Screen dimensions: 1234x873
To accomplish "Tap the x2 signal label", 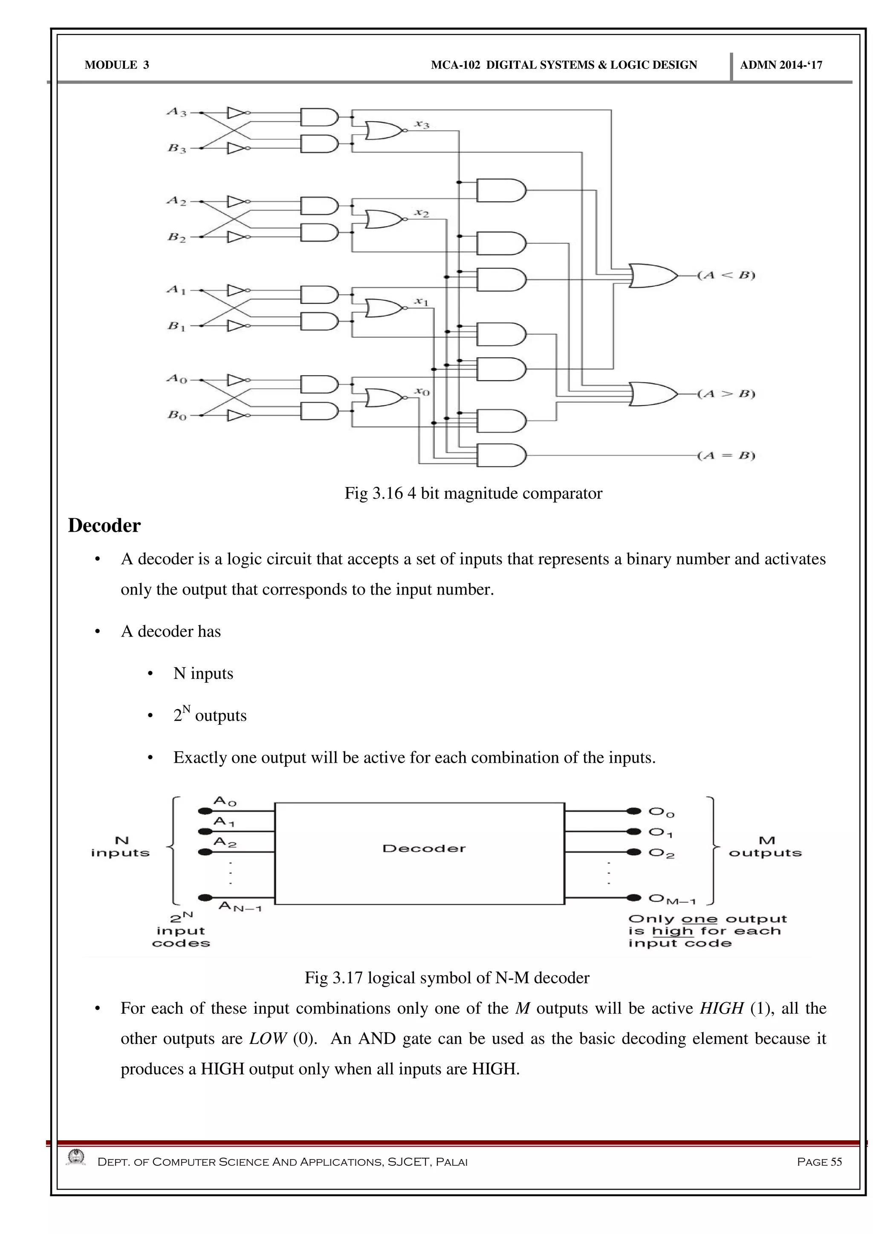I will click(x=422, y=213).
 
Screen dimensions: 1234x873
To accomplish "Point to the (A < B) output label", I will click(x=726, y=276).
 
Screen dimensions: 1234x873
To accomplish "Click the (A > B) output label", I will click(x=726, y=394).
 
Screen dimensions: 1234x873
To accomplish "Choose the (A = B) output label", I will click(x=726, y=456).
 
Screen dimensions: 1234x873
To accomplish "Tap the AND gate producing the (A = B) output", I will click(x=500, y=455).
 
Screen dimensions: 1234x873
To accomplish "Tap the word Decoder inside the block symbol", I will click(x=424, y=849).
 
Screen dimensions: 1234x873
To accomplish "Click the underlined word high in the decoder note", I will click(x=672, y=931).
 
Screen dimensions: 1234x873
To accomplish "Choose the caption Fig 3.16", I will click(x=473, y=493).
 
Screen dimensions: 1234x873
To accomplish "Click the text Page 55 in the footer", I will click(x=819, y=1162).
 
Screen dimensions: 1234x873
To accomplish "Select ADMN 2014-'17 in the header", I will click(x=780, y=66).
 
